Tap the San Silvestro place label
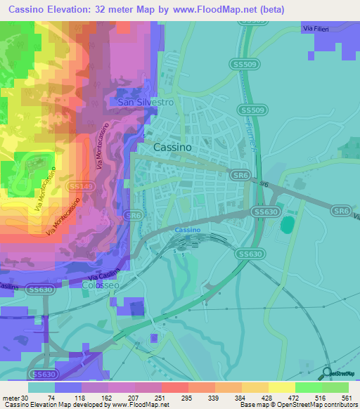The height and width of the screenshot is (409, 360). (145, 102)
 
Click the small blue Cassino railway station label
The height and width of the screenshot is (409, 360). (188, 231)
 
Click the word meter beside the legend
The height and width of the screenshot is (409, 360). (10, 398)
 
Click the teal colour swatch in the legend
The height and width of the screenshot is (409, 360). (41, 387)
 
